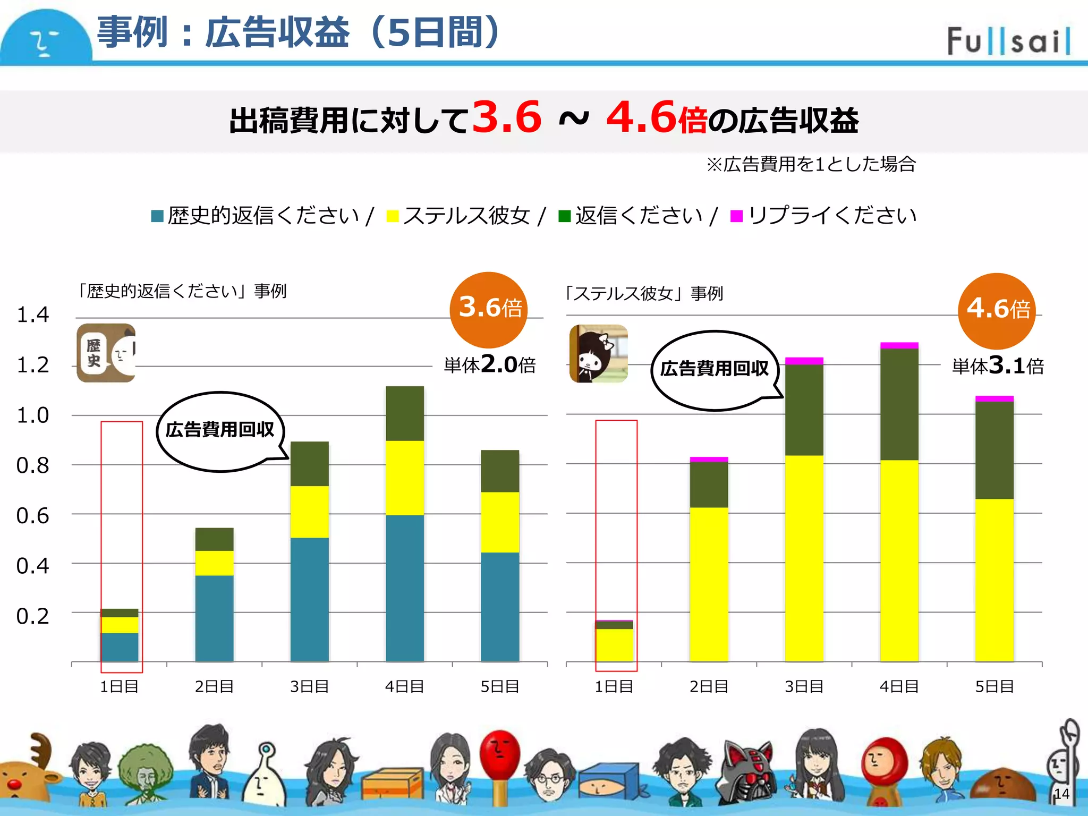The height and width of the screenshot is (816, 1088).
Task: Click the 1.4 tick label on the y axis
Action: [32, 315]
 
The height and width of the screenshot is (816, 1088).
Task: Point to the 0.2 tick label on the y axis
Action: [32, 616]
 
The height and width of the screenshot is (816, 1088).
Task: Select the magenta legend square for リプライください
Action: [736, 216]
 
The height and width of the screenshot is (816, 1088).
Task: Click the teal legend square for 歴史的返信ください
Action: [157, 216]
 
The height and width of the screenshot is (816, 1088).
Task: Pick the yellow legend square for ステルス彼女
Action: [393, 216]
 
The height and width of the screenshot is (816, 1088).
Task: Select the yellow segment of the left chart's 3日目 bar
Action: [310, 512]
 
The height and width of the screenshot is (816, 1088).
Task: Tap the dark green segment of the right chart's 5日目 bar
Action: [994, 450]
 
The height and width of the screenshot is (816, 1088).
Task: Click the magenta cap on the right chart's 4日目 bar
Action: [899, 346]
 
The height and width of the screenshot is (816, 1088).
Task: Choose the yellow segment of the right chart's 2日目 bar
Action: [709, 584]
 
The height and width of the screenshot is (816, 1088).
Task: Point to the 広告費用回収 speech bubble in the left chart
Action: [220, 430]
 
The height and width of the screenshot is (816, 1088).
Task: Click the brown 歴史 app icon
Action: [106, 353]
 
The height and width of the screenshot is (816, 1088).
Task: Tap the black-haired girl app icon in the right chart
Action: [599, 354]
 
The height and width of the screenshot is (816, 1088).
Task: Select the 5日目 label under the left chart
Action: [500, 687]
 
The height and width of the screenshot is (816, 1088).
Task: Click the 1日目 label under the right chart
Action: [614, 687]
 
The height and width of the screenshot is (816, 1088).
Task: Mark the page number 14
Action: [1061, 794]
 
